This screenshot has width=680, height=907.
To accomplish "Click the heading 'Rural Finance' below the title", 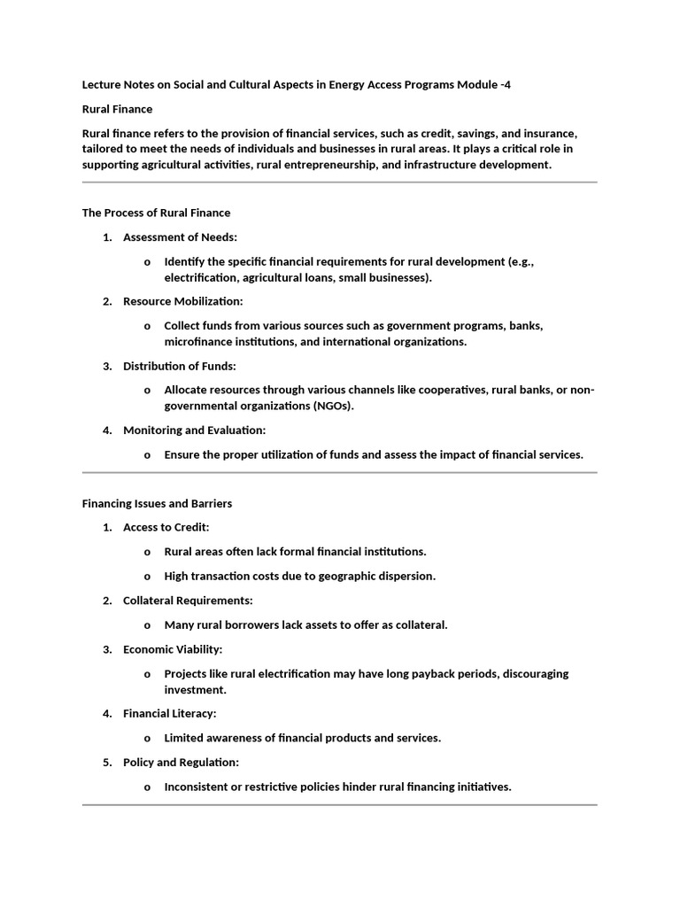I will click(117, 109).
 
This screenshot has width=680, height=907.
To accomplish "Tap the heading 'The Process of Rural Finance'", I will click(156, 213).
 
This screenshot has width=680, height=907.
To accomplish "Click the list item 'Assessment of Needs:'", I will click(180, 237).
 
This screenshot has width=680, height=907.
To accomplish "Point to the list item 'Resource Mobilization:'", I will click(182, 301).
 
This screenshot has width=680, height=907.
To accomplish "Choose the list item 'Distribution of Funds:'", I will click(180, 366).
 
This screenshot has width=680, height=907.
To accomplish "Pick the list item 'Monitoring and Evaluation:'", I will click(194, 430).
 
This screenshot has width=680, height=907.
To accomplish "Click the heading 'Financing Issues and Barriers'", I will click(157, 503).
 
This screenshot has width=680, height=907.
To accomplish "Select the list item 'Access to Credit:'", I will click(166, 527).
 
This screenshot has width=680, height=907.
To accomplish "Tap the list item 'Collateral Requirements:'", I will click(188, 601).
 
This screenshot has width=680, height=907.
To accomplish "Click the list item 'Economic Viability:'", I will click(173, 649).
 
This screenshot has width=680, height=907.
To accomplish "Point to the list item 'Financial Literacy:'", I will click(169, 713).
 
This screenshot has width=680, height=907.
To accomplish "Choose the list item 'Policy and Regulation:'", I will click(181, 762).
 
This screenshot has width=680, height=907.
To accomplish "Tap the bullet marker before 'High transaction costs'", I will click(147, 577).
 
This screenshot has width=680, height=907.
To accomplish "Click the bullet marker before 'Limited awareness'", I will click(147, 738).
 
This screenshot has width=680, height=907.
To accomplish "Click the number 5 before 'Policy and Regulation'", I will click(106, 762).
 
